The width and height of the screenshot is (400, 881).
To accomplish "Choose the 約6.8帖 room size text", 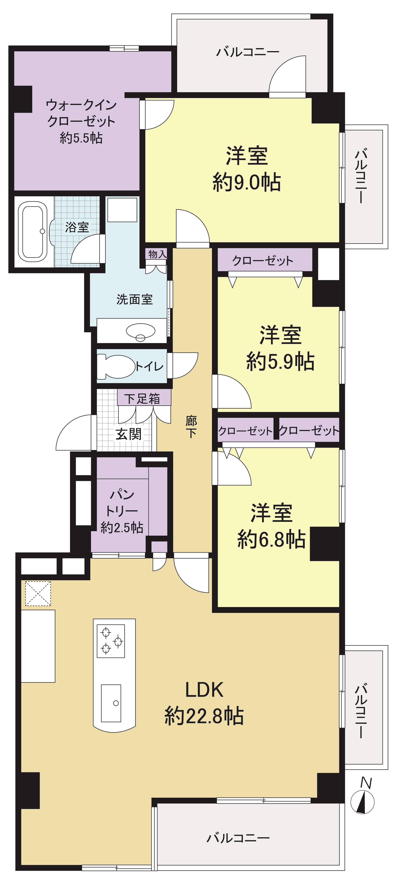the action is tap(271, 540).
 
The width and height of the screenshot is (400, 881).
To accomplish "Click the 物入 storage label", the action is tap(157, 254).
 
